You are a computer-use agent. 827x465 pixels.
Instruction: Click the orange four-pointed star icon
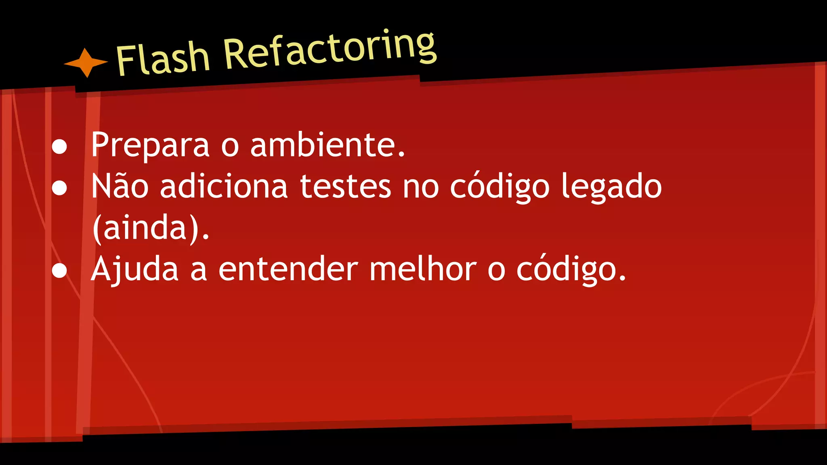pos(86,63)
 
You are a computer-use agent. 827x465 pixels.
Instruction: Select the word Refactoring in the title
pos(330,50)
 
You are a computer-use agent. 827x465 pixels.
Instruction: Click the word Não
pos(120,186)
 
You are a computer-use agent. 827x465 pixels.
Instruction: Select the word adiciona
pos(224,186)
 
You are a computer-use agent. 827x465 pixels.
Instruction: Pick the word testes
pos(346,186)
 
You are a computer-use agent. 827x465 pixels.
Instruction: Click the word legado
pos(612,187)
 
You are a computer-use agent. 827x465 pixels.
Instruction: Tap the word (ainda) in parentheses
pos(151,228)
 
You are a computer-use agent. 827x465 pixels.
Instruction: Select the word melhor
pos(423,269)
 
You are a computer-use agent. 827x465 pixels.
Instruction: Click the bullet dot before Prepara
pos(59,147)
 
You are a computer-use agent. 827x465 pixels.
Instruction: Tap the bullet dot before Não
pos(59,189)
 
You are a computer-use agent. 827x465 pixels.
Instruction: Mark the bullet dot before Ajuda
pos(59,271)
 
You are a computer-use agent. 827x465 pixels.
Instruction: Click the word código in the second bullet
pos(500,187)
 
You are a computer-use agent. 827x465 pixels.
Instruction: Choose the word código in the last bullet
pos(571,270)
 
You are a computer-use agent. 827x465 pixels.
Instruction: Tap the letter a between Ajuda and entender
pos(198,271)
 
